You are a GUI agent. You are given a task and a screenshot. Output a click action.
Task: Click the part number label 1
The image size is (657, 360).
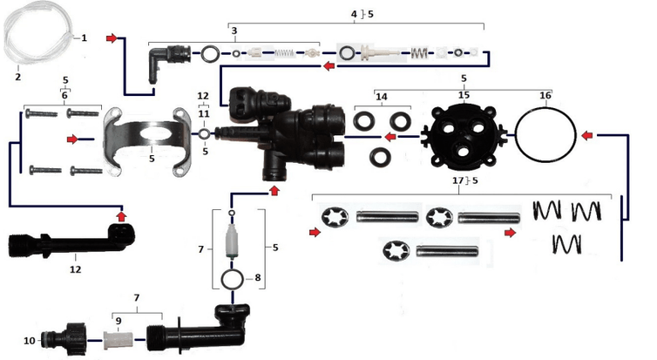pos(85,38)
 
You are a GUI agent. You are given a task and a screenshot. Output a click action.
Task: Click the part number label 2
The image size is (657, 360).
pos(17,77)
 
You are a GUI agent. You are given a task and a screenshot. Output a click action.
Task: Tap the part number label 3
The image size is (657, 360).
pos(234,31)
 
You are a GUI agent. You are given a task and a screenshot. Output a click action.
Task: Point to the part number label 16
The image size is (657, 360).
pos(545,93)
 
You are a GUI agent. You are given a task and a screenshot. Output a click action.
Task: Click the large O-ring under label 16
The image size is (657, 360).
pos(545,135)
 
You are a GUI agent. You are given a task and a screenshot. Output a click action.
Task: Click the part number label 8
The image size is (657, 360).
pos(256,278)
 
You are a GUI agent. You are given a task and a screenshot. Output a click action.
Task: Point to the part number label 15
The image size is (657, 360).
pos(464,93)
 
